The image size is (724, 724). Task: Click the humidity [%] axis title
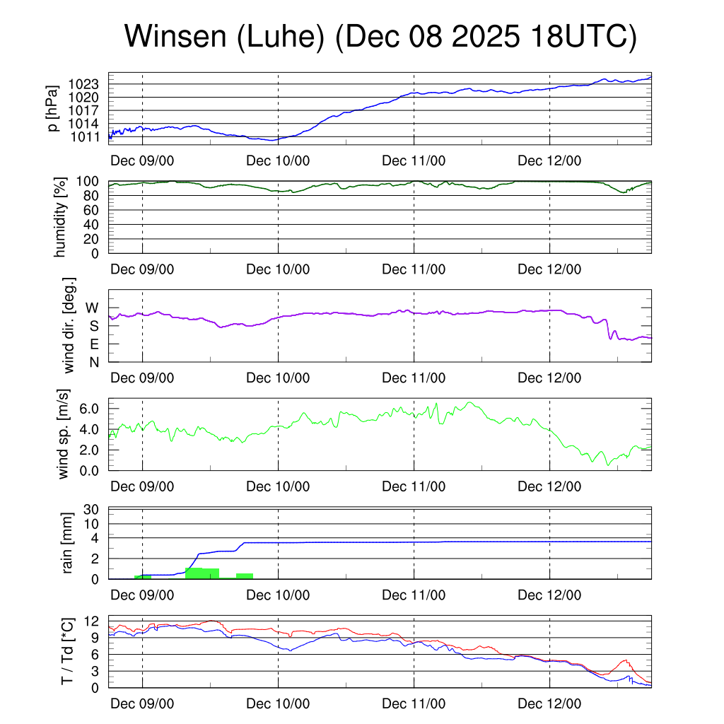coord(62,216)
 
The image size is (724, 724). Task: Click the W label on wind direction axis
coord(93,308)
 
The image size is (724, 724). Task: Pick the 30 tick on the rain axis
coord(95,509)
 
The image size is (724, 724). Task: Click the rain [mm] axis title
coord(68,543)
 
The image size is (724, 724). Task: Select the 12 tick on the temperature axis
coord(95,621)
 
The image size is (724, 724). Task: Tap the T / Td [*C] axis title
coord(68,651)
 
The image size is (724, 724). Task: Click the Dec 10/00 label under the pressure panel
coord(278,160)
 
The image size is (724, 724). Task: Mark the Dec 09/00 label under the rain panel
coord(142,595)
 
